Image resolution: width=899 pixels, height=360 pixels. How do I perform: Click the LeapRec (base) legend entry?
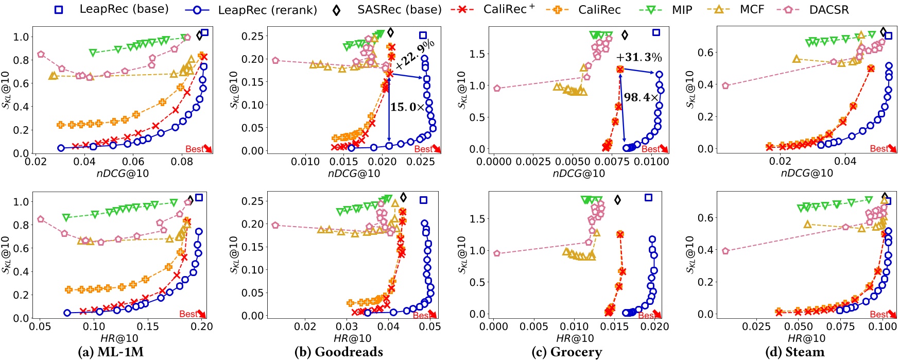[x=124, y=9]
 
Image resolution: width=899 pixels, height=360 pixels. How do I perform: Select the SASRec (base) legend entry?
[x=399, y=9]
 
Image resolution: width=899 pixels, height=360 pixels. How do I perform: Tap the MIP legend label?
[x=682, y=9]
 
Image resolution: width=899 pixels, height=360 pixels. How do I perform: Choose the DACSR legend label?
[x=829, y=9]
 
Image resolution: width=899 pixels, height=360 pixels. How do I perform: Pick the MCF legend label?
[x=752, y=9]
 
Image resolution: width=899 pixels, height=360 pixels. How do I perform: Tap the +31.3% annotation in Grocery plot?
[x=638, y=57]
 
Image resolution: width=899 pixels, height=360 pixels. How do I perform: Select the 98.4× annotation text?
[x=641, y=97]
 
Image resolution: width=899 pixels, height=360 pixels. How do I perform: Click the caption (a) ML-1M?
[x=110, y=352]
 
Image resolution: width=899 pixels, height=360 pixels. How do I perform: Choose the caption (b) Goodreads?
[x=338, y=352]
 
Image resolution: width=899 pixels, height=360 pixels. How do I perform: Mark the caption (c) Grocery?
[x=566, y=352]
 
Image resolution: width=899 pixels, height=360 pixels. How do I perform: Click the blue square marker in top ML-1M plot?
[x=204, y=32]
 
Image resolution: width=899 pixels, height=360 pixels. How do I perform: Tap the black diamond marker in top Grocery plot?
[x=625, y=35]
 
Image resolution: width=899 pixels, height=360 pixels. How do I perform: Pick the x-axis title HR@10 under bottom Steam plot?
[x=806, y=338]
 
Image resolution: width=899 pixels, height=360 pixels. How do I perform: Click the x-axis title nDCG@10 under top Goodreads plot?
[x=354, y=174]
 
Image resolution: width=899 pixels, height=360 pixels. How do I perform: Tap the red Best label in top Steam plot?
[x=879, y=149]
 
